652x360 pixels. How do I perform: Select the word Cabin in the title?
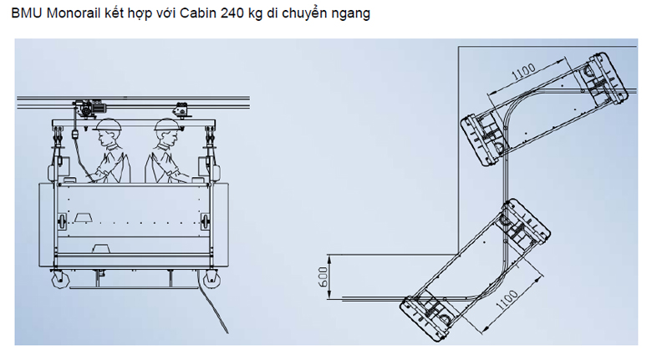[198, 13]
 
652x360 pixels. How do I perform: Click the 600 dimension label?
[323, 276]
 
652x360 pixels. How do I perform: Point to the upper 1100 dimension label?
[523, 71]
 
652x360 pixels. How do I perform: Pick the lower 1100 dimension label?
[507, 301]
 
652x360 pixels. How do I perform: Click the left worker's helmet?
[108, 124]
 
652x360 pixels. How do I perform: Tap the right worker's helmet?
[166, 124]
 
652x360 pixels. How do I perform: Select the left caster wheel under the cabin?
[60, 279]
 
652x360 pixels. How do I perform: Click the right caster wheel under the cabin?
[211, 279]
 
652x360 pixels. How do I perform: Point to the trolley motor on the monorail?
[89, 107]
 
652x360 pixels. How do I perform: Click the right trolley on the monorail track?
[181, 109]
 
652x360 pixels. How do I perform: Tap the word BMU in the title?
[27, 13]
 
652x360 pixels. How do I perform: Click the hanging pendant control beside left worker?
[75, 134]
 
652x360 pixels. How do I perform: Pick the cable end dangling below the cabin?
[227, 332]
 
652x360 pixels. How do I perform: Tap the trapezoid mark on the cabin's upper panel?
[84, 217]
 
